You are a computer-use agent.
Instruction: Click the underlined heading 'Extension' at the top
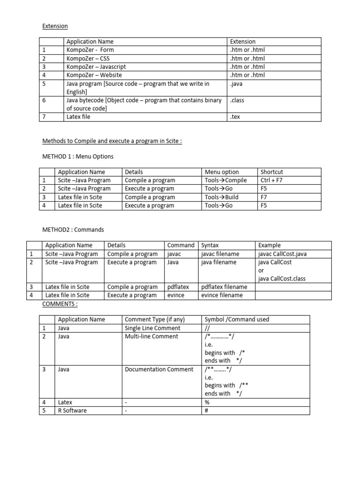pyautogui.click(x=55, y=26)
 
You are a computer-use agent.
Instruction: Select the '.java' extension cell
pyautogui.click(x=237, y=84)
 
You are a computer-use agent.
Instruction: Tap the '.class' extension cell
pyautogui.click(x=237, y=100)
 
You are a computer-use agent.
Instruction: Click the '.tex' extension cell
pyautogui.click(x=235, y=117)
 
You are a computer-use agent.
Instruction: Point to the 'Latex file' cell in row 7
pyautogui.click(x=78, y=117)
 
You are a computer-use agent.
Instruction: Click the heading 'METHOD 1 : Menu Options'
pyautogui.click(x=78, y=156)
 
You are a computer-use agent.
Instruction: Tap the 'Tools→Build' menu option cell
pyautogui.click(x=221, y=197)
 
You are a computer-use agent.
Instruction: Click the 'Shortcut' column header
pyautogui.click(x=272, y=172)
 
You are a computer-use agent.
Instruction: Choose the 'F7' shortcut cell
pyautogui.click(x=264, y=197)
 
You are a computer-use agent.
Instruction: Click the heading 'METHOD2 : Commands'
pyautogui.click(x=73, y=230)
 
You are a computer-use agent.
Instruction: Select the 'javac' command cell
pyautogui.click(x=175, y=254)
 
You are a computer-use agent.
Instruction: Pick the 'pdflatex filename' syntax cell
pyautogui.click(x=224, y=287)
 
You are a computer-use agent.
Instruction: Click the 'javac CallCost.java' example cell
pyautogui.click(x=283, y=254)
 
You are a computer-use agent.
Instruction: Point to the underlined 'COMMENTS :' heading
pyautogui.click(x=60, y=304)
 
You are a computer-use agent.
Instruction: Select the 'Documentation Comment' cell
pyautogui.click(x=159, y=369)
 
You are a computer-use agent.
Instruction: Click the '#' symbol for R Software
pyautogui.click(x=206, y=411)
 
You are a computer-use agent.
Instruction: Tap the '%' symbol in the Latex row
pyautogui.click(x=207, y=402)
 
